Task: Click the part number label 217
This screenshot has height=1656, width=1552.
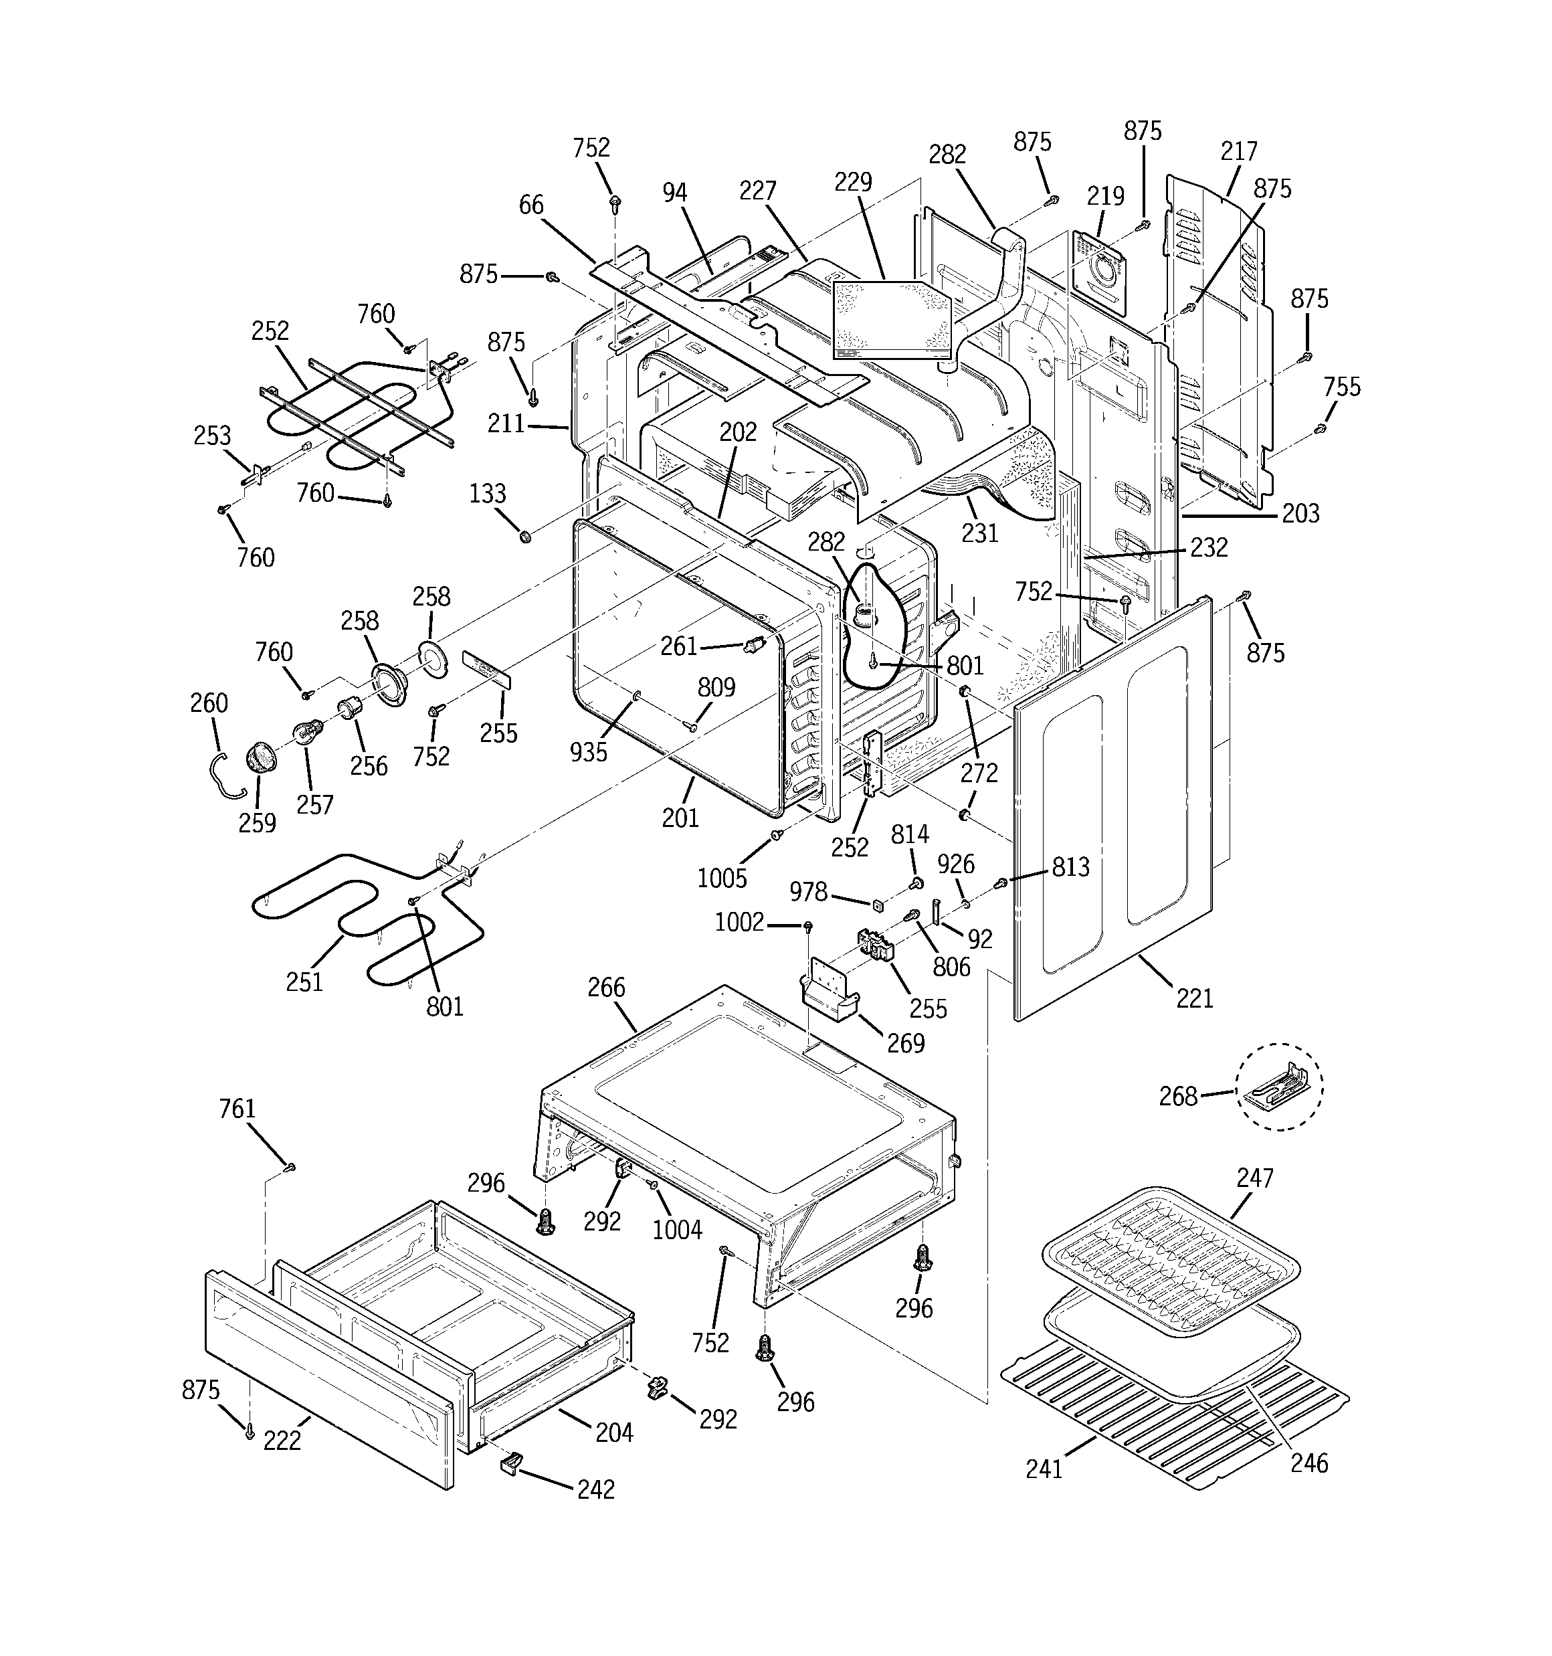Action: [1238, 152]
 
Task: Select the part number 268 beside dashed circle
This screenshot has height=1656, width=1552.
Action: [1178, 1096]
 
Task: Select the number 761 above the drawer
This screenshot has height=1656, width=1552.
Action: [237, 1109]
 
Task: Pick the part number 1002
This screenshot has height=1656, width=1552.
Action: [739, 922]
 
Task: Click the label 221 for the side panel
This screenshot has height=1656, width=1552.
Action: [1194, 997]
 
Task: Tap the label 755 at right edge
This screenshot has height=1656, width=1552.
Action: [1341, 387]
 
